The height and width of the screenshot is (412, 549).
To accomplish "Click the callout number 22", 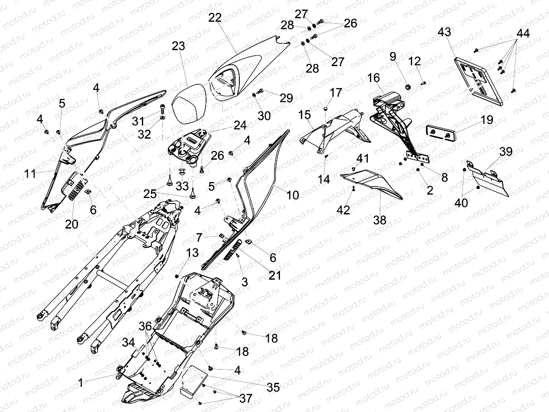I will pyautogui.click(x=215, y=18).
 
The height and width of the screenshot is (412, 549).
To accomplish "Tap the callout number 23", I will pyautogui.click(x=179, y=46).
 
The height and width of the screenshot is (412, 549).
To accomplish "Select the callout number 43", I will pyautogui.click(x=444, y=32).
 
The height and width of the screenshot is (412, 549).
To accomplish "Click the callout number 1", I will pyautogui.click(x=80, y=383).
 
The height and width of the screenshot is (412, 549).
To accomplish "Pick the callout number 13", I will pyautogui.click(x=192, y=253).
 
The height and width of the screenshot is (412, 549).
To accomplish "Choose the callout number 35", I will pyautogui.click(x=273, y=388).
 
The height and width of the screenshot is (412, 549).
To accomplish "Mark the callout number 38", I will pyautogui.click(x=379, y=220).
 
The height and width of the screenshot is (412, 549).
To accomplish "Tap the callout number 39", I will pyautogui.click(x=506, y=151).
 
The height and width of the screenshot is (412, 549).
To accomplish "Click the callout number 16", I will pyautogui.click(x=373, y=78).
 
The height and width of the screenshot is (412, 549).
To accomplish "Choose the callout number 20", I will pyautogui.click(x=72, y=224).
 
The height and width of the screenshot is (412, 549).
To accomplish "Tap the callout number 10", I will pyautogui.click(x=292, y=195).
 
